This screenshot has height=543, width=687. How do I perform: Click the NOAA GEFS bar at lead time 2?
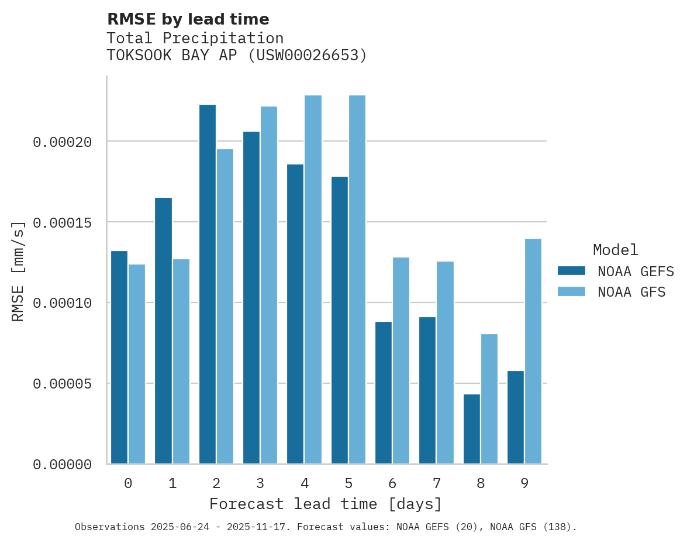pos(208,284)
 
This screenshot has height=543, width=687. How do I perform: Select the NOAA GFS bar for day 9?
pos(533,351)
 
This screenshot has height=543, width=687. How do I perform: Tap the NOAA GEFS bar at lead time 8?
pos(472,429)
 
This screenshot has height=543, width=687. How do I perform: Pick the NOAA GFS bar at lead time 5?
pos(357,280)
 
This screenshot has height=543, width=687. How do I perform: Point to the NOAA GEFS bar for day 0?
pos(119,358)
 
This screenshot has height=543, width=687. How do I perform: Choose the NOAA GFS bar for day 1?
pos(181,362)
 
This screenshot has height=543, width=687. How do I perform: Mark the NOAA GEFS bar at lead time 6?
pos(384,393)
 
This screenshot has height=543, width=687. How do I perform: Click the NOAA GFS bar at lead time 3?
pos(269,285)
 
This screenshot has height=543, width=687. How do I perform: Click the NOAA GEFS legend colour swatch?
pos(571,270)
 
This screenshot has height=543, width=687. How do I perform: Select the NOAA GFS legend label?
pos(631,292)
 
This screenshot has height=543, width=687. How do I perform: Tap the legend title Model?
pos(615,250)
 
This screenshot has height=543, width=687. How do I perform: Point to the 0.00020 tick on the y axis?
pos(62,142)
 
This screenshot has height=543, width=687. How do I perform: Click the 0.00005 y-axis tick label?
pos(62,384)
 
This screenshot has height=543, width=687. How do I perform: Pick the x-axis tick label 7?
pos(436,484)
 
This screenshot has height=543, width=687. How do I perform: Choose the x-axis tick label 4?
pos(305,484)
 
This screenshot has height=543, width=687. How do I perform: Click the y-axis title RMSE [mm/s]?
pos(18,271)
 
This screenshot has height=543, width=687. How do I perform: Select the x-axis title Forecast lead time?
pos(326,504)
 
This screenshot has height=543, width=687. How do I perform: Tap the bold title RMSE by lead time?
pos(188,19)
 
